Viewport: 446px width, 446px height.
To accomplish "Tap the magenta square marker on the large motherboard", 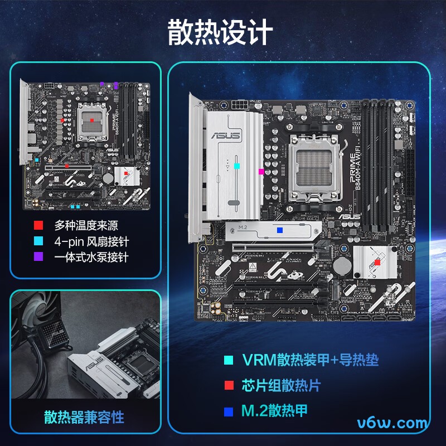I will point(261,172).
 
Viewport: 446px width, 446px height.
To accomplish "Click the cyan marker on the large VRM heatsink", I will point(237,166).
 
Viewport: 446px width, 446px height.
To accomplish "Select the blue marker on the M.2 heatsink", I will point(280,230).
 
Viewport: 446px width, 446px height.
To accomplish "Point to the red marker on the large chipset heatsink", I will point(377,261).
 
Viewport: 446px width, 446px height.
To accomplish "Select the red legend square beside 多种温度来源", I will point(38,226).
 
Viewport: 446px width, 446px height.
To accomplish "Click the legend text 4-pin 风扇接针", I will point(91,241).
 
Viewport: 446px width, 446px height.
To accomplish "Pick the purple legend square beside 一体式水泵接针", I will point(38,257).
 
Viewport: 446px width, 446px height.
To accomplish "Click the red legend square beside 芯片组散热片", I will point(228,386).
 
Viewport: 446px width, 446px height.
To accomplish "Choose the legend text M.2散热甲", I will point(274,411).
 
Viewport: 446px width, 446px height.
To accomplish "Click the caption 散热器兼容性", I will point(84,416).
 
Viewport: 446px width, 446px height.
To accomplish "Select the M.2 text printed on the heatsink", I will point(243,228).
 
